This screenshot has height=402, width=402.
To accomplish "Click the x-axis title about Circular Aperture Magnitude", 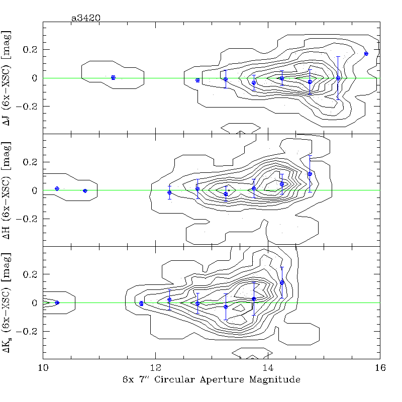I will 211,380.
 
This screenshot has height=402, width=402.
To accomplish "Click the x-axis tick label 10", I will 43,368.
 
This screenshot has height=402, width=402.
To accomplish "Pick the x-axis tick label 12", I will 155,368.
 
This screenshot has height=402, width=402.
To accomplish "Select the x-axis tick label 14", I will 268,368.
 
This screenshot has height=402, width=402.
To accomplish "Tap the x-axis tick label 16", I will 380,368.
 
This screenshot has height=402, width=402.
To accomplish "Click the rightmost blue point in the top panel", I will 366,53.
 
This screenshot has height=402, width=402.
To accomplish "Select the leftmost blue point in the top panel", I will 113,77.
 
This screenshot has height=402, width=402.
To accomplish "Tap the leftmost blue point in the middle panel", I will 57,188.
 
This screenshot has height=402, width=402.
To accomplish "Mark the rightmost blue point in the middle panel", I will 310,174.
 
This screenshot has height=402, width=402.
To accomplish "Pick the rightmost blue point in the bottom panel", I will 282,282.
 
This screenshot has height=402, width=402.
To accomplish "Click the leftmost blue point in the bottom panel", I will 57,303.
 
